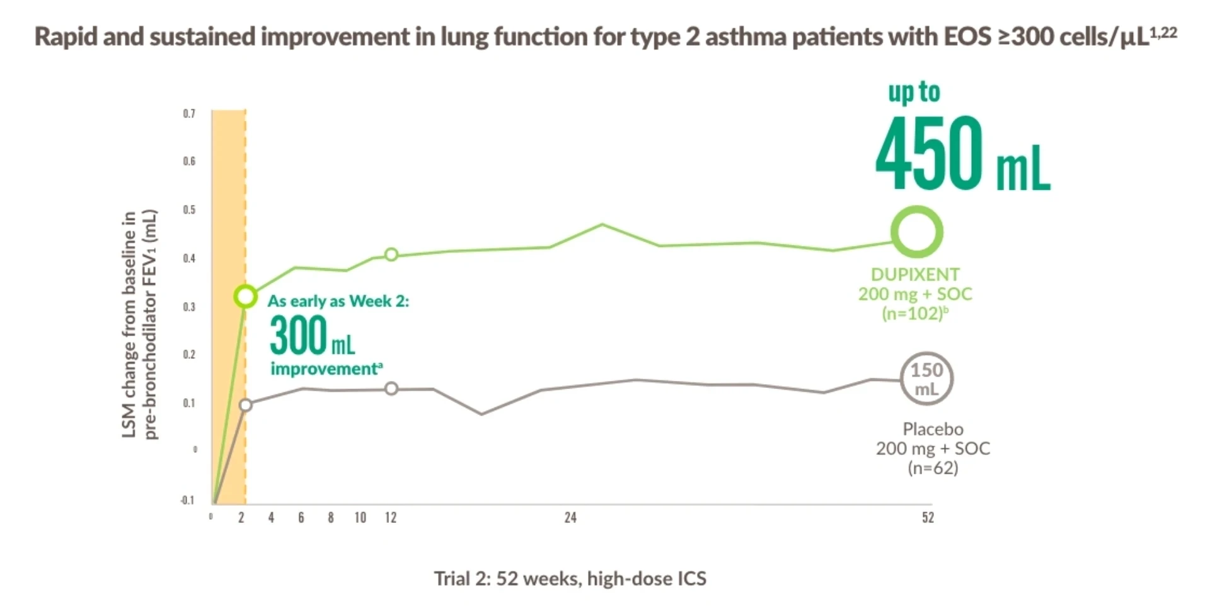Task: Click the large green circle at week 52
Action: [x=916, y=231]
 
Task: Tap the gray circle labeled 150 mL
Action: [x=926, y=378]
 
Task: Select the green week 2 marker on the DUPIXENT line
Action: [x=245, y=296]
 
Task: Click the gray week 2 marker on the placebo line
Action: [x=246, y=405]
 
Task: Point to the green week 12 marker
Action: [x=391, y=255]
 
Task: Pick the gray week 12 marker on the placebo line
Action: [x=391, y=389]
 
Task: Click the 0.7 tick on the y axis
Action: [x=189, y=114]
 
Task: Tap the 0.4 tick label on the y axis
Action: [x=189, y=258]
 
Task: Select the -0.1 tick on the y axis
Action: [x=187, y=500]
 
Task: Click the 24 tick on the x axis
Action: [x=570, y=518]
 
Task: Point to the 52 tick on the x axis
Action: [x=928, y=518]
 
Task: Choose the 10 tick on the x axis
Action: [x=360, y=518]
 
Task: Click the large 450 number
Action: [x=929, y=153]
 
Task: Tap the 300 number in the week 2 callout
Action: [x=298, y=336]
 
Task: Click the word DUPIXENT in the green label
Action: [x=915, y=274]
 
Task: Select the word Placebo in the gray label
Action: [x=933, y=429]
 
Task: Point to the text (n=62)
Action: [x=933, y=468]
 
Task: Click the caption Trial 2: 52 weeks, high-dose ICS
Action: [x=570, y=578]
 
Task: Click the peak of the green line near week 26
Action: [x=602, y=224]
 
